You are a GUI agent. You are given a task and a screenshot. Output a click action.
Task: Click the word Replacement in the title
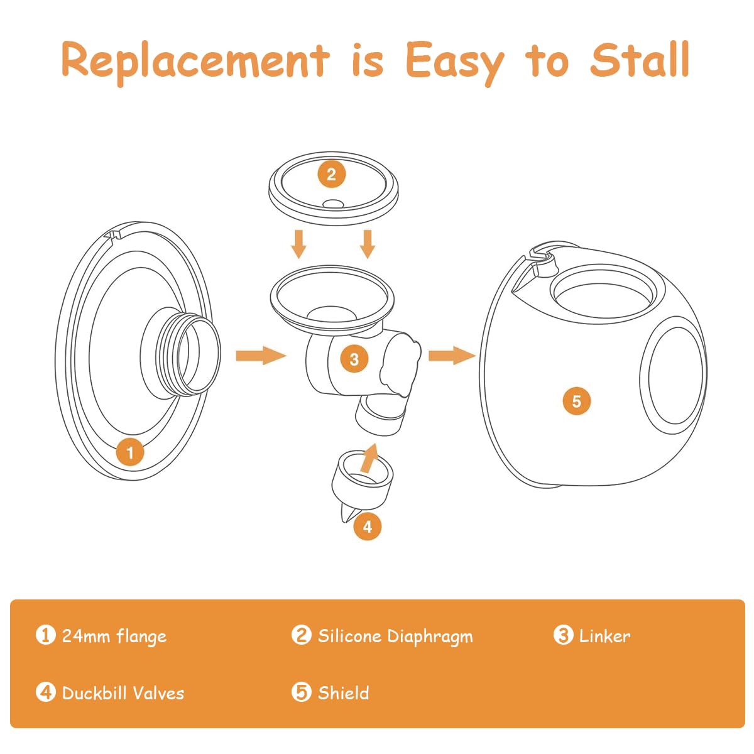(x=195, y=61)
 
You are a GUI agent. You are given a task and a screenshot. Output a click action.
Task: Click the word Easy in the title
(x=454, y=61)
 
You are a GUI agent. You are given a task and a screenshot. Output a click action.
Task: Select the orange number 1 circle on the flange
(x=130, y=452)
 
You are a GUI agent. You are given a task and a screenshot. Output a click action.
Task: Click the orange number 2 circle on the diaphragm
(x=331, y=174)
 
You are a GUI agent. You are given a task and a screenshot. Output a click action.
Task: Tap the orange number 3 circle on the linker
(x=354, y=359)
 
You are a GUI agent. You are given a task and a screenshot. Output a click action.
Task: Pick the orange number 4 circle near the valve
(x=368, y=527)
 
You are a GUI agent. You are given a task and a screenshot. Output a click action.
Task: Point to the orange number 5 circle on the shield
(x=576, y=400)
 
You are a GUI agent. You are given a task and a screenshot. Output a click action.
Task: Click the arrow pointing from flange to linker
(x=260, y=356)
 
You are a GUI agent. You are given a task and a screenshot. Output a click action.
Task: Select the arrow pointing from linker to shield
(x=452, y=356)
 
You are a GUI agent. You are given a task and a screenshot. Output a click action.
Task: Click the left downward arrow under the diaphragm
(x=299, y=244)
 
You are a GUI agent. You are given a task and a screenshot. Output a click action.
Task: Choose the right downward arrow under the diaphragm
(x=368, y=244)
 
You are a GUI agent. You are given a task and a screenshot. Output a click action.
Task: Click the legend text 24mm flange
(x=114, y=636)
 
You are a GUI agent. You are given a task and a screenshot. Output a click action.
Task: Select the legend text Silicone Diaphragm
(x=395, y=636)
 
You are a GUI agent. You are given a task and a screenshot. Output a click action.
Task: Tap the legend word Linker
(x=604, y=636)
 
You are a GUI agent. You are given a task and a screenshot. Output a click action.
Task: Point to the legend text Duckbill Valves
(x=123, y=693)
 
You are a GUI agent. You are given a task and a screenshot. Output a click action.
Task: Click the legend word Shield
(x=343, y=693)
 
